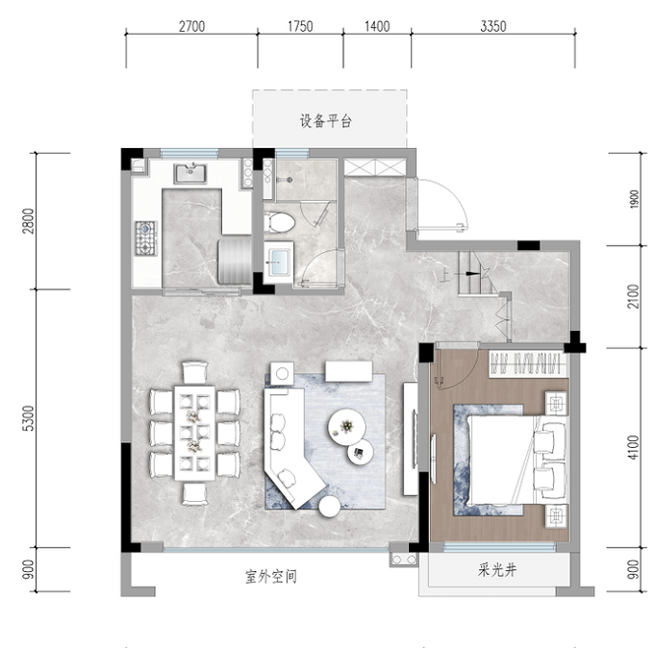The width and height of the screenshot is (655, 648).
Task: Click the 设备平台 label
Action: pos(326,121)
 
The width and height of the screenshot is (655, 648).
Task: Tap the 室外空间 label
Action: pos(271,577)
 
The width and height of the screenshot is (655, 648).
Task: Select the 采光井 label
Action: pos(497,569)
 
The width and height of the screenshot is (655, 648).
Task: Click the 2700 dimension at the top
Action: pos(191,27)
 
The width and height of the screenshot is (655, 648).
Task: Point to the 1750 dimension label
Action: pos(300,27)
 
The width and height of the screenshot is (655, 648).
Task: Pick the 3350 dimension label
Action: pos(492,27)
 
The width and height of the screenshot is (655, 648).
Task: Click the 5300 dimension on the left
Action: pos(28,418)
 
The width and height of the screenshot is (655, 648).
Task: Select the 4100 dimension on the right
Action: pos(633,447)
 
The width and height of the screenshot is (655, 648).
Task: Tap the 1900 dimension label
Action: pos(634,200)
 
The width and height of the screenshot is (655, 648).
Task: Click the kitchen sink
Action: pos(190,174)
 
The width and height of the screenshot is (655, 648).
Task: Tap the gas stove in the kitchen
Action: pos(146,238)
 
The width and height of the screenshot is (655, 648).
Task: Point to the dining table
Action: pos(194,433)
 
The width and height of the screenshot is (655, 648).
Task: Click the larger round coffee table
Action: pos(346,427)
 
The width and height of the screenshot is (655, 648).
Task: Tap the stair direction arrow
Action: pos(467,274)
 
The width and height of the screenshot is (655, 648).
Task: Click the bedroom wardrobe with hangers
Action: pos(528,364)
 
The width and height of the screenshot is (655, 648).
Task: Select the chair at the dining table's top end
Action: pos(194,372)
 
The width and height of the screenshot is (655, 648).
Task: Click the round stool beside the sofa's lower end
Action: pos(330,507)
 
